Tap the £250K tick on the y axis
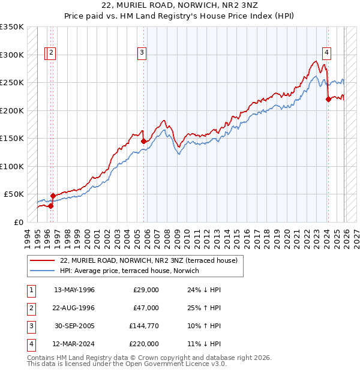(12, 83)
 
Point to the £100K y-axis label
(12, 166)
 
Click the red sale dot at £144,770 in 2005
(144, 142)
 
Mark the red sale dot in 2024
(328, 100)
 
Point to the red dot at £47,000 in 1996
(53, 196)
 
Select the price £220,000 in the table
(145, 344)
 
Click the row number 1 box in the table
(31, 290)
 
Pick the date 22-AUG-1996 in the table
(74, 308)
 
